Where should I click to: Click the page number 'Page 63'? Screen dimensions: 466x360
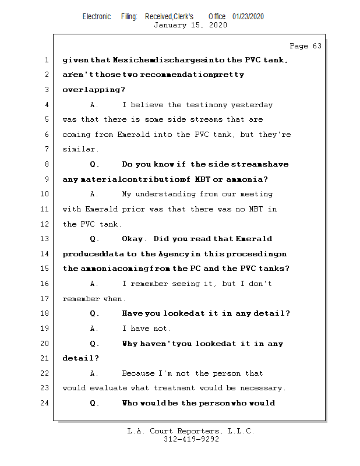305,46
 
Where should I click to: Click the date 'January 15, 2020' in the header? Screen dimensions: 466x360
190,25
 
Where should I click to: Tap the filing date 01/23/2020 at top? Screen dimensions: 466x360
248,17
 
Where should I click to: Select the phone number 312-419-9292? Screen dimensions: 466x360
191,439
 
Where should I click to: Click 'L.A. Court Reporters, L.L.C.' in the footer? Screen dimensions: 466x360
191,431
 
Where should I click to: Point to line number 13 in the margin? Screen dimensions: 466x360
45,239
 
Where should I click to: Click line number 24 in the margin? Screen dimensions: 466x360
45,403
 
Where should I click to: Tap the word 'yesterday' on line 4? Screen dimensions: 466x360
252,105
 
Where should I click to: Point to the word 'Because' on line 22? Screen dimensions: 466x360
137,373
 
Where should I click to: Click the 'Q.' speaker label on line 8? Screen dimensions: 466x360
95,164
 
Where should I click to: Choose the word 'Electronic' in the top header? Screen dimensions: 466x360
97,17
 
